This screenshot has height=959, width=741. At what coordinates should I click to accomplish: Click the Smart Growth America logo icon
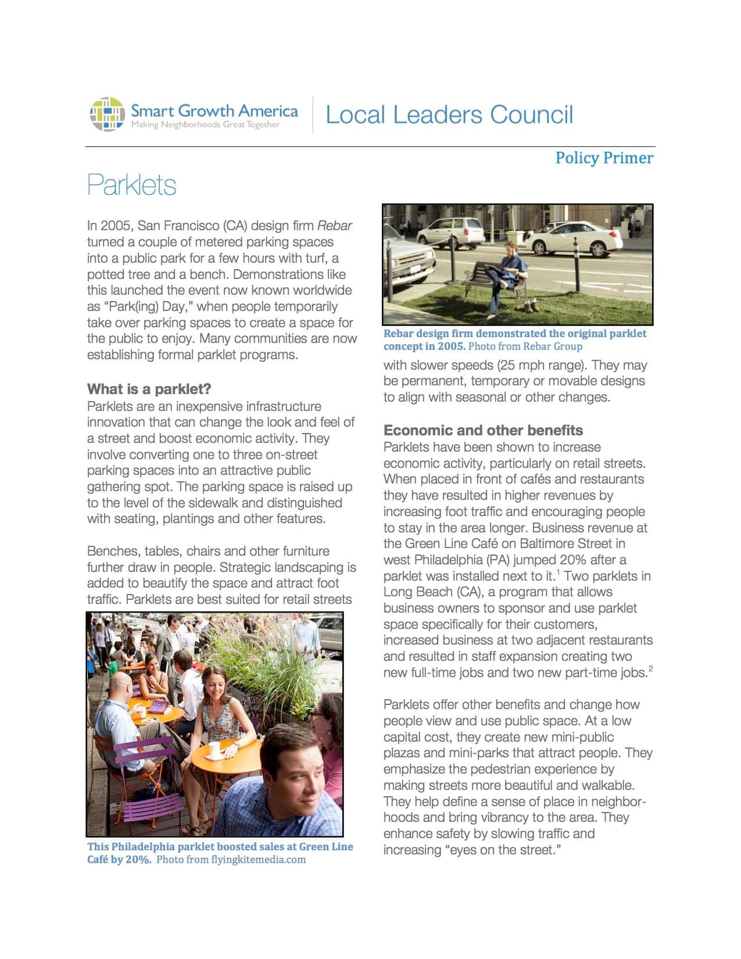coord(108,114)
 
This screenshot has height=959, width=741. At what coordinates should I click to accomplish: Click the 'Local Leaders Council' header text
coord(449,114)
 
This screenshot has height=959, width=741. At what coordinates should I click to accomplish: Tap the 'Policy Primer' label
coord(604,158)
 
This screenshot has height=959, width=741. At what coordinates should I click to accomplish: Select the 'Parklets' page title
coord(131,185)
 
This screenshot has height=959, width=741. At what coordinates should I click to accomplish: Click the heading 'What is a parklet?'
coord(149,389)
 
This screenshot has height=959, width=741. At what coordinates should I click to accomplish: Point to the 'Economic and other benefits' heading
coord(483,431)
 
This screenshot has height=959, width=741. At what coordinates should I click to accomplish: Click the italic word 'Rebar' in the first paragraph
coord(334,226)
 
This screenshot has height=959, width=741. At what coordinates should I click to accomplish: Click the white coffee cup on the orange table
coord(214,750)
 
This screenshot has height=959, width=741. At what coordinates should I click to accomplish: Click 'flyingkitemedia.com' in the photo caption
coord(258,860)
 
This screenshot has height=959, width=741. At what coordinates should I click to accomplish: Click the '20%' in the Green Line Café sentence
coord(572,560)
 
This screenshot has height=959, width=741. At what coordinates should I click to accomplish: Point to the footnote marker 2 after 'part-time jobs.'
coord(650,669)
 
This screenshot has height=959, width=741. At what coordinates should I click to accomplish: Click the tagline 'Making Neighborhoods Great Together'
coord(205,125)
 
